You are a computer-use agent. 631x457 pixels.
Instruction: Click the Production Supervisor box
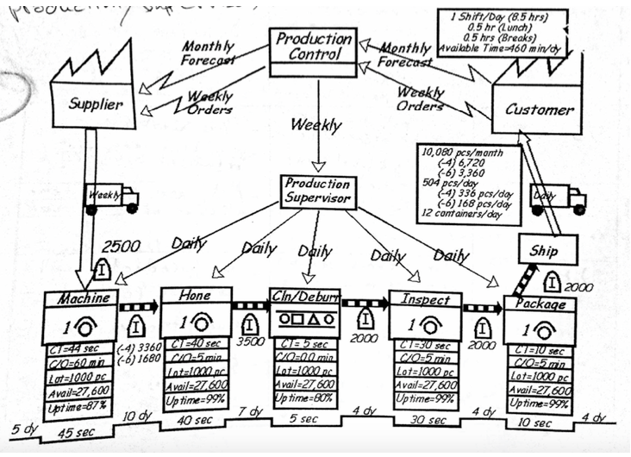point(317,191)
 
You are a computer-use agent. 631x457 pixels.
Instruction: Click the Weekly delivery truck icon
point(111,197)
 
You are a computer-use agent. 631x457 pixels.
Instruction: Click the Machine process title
point(83,298)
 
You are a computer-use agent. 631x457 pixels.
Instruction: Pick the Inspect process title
point(420,298)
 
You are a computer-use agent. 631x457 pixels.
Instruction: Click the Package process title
point(539,304)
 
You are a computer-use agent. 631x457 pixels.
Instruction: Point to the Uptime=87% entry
point(78,405)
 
